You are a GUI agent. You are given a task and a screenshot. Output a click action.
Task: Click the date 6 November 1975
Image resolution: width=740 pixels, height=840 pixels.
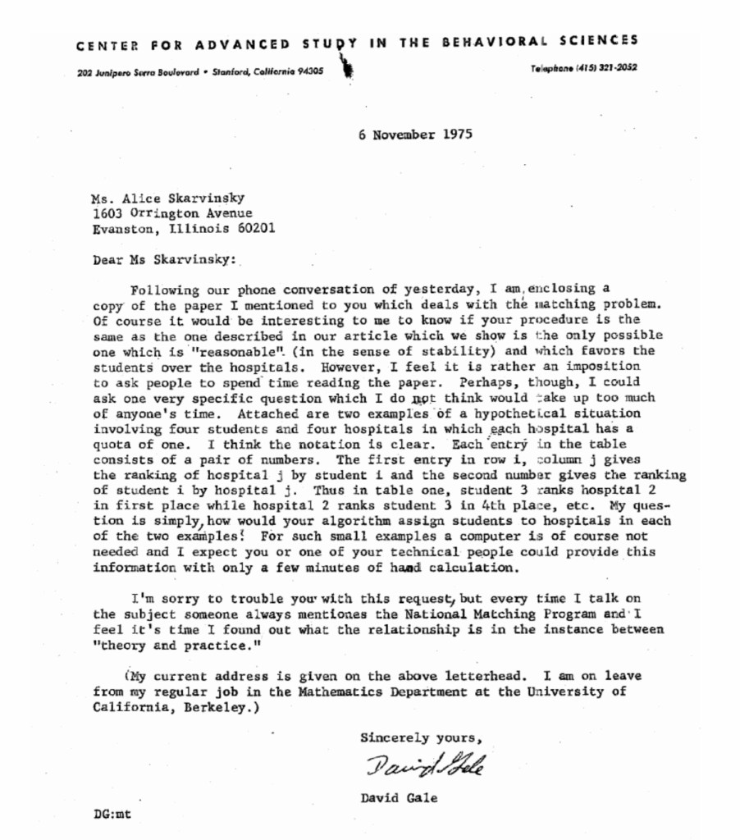[414, 135]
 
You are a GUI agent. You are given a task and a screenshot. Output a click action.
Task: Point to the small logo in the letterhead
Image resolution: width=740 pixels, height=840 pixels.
[349, 66]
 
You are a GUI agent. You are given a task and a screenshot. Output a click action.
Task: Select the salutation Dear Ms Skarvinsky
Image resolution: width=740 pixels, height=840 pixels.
[164, 259]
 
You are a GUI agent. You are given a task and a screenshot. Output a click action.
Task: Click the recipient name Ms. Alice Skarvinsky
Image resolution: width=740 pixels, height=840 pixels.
[167, 198]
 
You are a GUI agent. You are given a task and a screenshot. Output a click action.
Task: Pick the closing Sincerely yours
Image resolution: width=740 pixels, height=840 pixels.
[416, 737]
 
